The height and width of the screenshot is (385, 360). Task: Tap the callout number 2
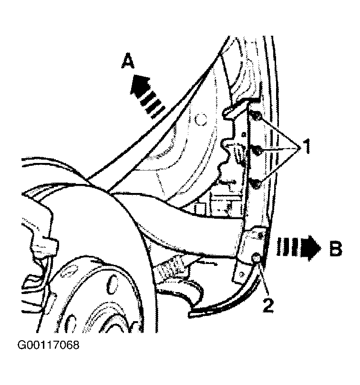(268, 304)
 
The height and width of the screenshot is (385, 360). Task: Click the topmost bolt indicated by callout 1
(256, 116)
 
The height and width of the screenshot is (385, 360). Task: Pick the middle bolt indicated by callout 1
(257, 151)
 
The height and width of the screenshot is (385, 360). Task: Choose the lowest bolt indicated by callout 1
(256, 184)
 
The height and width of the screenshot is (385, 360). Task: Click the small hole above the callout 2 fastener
(260, 235)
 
